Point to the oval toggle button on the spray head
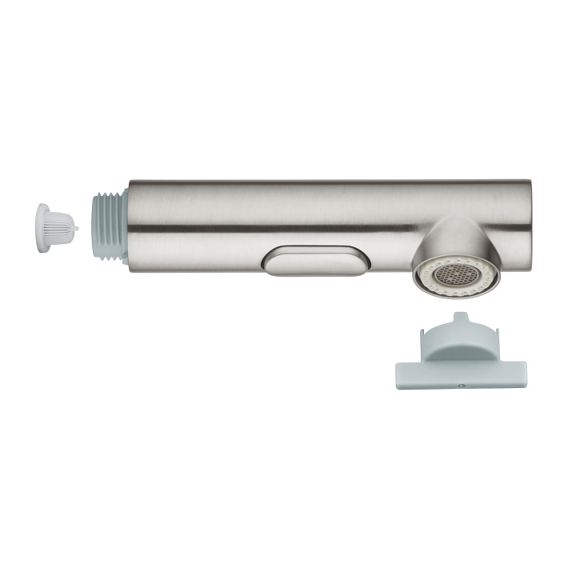(316, 261)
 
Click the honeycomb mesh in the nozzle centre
(456, 275)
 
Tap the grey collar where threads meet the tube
(124, 226)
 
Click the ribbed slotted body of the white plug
(59, 228)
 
